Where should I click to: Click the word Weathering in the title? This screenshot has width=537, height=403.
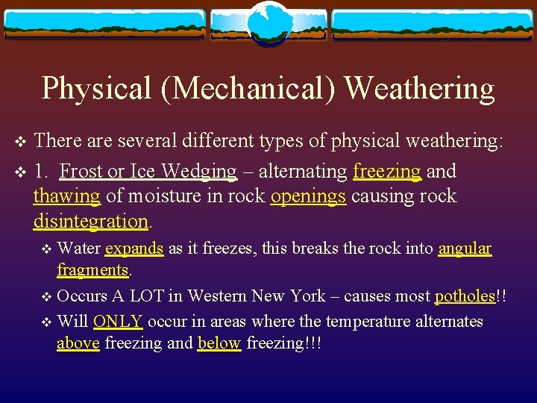pyautogui.click(x=420, y=88)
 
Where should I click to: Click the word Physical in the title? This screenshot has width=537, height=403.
pyautogui.click(x=96, y=88)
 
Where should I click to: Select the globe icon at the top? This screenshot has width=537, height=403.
pyautogui.click(x=268, y=22)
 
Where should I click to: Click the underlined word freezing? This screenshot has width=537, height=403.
pyautogui.click(x=387, y=171)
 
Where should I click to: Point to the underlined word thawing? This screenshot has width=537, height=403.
pyautogui.click(x=66, y=196)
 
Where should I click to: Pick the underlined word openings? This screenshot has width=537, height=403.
pyautogui.click(x=308, y=196)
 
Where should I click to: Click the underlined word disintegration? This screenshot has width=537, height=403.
pyautogui.click(x=91, y=221)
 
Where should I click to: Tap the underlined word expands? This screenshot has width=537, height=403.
pyautogui.click(x=134, y=249)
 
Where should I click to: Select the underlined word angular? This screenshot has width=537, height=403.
pyautogui.click(x=465, y=249)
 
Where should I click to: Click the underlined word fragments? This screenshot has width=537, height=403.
pyautogui.click(x=93, y=269)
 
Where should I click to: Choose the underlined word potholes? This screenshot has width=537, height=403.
pyautogui.click(x=465, y=296)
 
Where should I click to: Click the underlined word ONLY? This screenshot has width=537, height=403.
pyautogui.click(x=118, y=322)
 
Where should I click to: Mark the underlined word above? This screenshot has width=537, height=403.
pyautogui.click(x=78, y=343)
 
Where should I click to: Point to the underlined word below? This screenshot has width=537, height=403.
pyautogui.click(x=219, y=343)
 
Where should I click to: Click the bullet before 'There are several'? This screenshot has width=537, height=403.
pyautogui.click(x=20, y=140)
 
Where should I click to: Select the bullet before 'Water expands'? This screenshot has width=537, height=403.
pyautogui.click(x=46, y=249)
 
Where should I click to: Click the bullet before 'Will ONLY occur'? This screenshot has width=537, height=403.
pyautogui.click(x=46, y=322)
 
